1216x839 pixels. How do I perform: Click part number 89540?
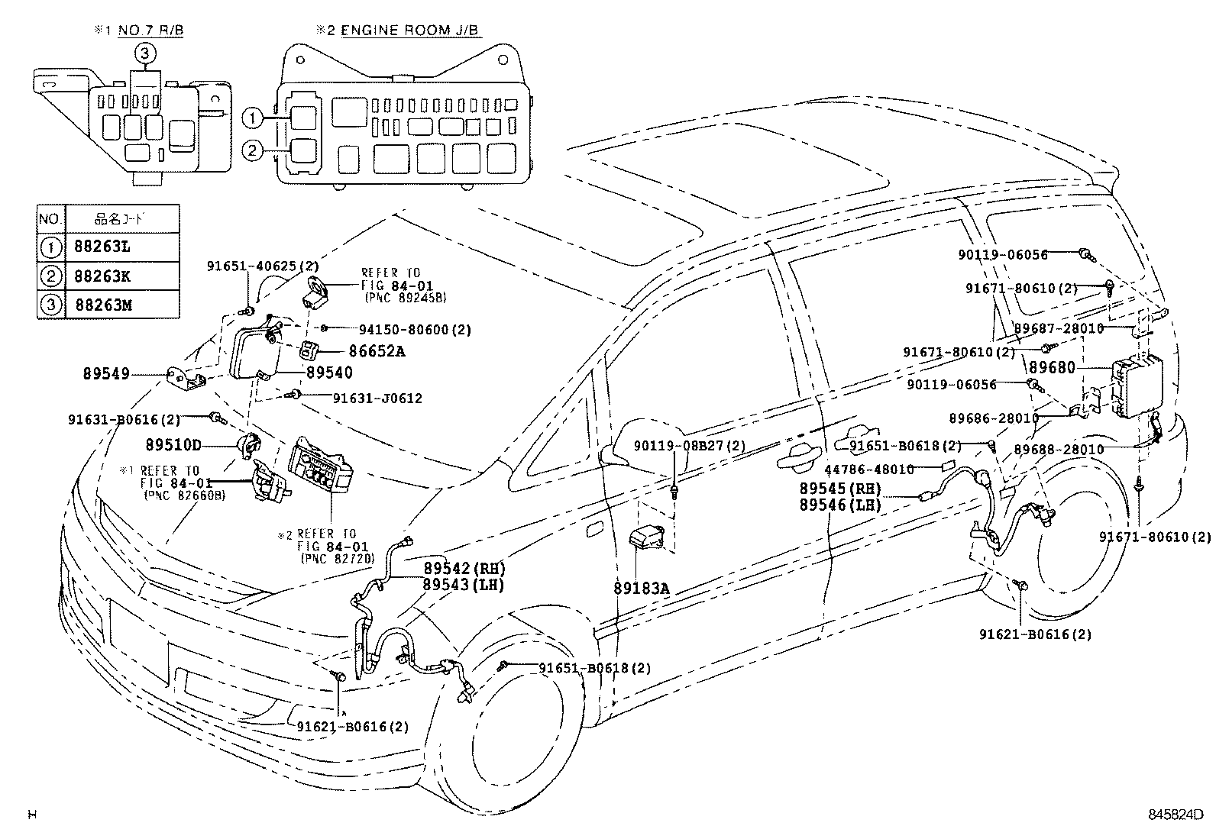329,373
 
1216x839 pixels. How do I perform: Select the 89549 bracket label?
106,374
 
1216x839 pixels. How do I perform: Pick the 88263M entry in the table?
103,305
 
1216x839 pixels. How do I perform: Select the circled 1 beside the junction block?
252,118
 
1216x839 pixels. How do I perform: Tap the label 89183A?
641,589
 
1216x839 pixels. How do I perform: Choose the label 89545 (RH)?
840,489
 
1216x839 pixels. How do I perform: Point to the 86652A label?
377,352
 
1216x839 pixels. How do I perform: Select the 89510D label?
173,444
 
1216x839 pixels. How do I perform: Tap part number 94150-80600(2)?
415,330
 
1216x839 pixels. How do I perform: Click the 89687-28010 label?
1059,328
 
